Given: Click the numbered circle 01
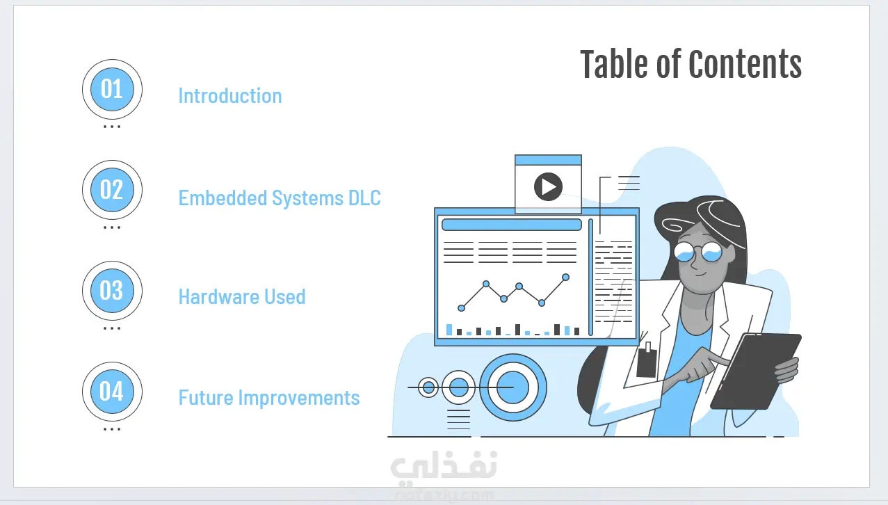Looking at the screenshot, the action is click(x=112, y=89).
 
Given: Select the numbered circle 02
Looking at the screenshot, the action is click(x=112, y=190).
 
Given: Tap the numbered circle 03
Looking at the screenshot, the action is click(x=112, y=291).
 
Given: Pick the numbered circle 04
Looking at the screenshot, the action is click(x=112, y=392).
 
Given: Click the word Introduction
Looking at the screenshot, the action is click(x=230, y=95).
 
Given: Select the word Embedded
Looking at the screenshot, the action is click(x=223, y=198).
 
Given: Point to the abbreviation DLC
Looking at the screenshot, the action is click(x=364, y=198).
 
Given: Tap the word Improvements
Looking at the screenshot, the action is click(x=299, y=398).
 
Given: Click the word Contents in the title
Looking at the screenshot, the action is click(x=745, y=64).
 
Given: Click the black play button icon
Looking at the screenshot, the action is click(x=548, y=186).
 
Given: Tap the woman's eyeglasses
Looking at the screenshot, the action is click(x=698, y=252).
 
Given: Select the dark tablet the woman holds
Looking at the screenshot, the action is click(x=756, y=371).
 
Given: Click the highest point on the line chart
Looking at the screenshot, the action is click(x=566, y=278).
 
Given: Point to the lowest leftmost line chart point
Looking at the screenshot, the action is click(x=461, y=308).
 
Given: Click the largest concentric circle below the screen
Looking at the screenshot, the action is click(x=513, y=387).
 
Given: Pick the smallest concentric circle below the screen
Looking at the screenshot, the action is click(x=428, y=387).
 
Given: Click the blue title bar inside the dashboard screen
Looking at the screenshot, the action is click(x=512, y=225).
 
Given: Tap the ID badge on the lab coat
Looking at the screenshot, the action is click(x=646, y=360).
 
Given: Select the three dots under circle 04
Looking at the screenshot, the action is click(x=112, y=429).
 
